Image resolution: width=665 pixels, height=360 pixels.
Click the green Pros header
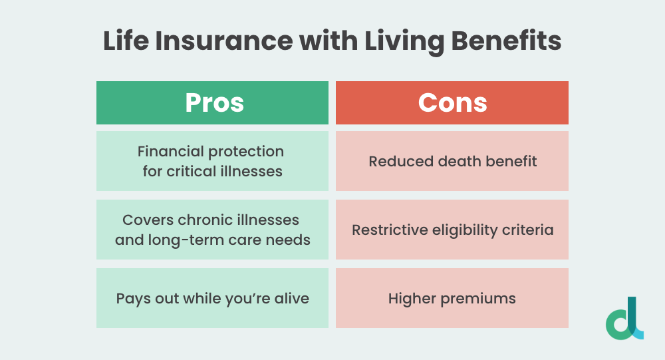click(x=213, y=102)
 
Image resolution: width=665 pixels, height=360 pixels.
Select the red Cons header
click(x=452, y=102)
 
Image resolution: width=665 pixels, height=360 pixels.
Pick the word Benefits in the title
click(x=506, y=41)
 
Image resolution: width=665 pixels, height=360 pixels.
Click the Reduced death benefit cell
click(x=452, y=161)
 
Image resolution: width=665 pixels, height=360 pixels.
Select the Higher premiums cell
click(x=452, y=298)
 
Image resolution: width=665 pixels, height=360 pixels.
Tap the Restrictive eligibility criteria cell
click(x=452, y=230)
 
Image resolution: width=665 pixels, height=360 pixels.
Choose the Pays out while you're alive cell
click(x=213, y=298)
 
